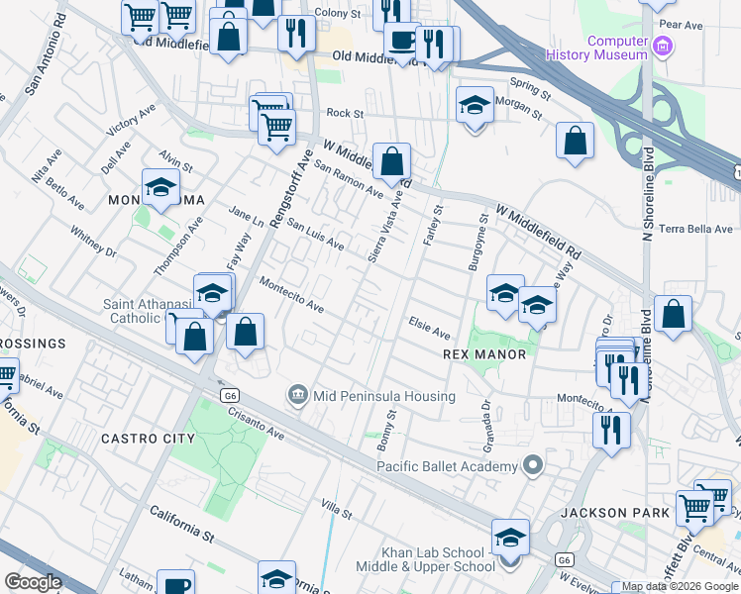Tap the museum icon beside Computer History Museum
664,46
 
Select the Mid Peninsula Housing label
383,396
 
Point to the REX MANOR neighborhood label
482,353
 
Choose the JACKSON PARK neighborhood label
608,513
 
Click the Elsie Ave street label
430,328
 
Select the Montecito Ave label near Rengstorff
292,294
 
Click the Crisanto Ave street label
261,426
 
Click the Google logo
33,582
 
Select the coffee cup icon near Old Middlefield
402,40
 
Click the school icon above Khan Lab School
510,538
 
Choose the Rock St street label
346,114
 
